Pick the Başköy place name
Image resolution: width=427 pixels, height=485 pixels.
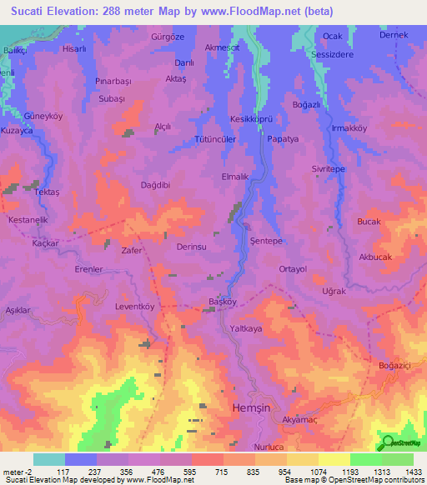pos(223,302)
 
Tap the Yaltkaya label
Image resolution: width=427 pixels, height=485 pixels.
pos(246,329)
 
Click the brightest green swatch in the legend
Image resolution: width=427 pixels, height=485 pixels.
pos(365,459)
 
